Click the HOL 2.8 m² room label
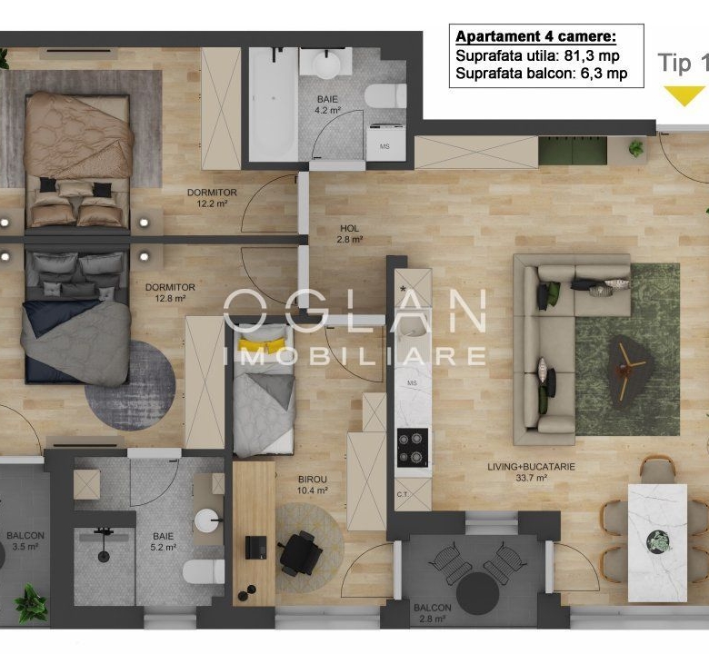[350, 233]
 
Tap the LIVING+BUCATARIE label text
[532, 467]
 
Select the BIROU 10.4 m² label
[313, 484]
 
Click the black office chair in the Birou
[300, 553]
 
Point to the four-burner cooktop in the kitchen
[413, 448]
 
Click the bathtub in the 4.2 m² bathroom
[274, 104]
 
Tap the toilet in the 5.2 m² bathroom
[203, 571]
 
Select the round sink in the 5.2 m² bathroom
[207, 520]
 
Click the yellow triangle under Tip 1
[684, 95]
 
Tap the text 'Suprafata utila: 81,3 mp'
[537, 55]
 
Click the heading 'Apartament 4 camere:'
[535, 36]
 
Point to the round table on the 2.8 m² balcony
[477, 593]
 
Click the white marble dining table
[657, 543]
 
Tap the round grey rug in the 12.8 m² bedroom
[130, 386]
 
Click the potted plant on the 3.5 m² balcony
[31, 602]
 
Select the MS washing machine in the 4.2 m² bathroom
[385, 142]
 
